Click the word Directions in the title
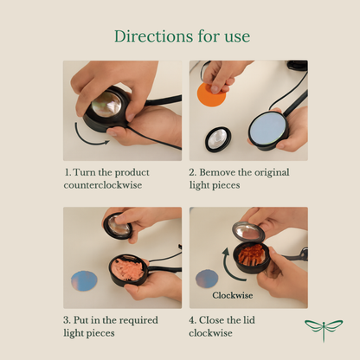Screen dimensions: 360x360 (x=154, y=36)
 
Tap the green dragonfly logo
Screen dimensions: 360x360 (x=324, y=330)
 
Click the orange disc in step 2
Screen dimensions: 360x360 (x=210, y=95)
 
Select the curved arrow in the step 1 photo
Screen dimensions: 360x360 (x=87, y=139)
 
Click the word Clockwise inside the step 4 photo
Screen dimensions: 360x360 (x=233, y=295)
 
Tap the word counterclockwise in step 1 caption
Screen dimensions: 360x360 (x=103, y=185)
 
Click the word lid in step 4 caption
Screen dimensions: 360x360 (x=249, y=320)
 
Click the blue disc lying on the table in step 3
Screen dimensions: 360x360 (x=84, y=280)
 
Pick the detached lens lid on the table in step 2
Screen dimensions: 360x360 (x=218, y=139)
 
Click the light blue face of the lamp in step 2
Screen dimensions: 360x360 (x=268, y=130)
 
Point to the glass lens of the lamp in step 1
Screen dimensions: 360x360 (x=106, y=105)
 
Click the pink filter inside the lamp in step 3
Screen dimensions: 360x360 (x=129, y=270)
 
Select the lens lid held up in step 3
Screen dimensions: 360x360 (x=118, y=227)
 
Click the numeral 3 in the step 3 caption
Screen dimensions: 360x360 (x=67, y=320)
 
